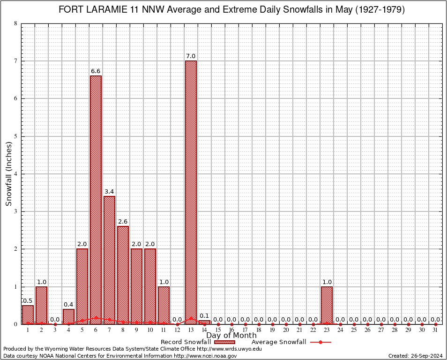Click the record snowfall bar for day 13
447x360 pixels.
[191, 192]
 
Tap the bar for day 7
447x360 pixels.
[109, 260]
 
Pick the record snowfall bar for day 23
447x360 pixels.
[327, 305]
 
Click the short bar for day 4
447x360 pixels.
[68, 316]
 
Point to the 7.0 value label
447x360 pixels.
[191, 56]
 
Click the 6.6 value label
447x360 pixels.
[96, 71]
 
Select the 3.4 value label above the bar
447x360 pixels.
[109, 191]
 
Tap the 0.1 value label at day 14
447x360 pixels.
[204, 315]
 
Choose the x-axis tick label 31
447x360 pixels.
[435, 330]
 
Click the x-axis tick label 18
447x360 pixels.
[259, 330]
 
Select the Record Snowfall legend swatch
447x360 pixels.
[224, 342]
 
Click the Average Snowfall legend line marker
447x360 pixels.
[320, 342]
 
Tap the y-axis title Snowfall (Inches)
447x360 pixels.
[9, 174]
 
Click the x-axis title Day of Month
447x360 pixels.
[231, 335]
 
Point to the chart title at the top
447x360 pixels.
[231, 10]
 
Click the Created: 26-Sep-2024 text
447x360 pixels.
[415, 356]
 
